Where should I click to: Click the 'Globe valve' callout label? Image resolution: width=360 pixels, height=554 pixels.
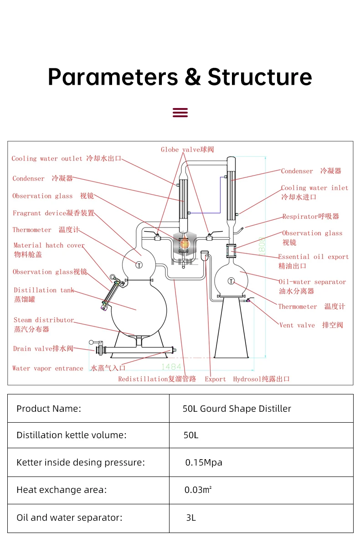187,150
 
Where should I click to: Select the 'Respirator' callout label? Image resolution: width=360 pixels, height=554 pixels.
310,217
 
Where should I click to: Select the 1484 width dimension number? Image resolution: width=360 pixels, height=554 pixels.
171,367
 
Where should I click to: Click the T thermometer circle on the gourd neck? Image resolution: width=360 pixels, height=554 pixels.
139,264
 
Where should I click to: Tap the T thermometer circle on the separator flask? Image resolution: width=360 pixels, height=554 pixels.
231,281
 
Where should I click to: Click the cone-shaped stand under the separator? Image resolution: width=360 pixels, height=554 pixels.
231,328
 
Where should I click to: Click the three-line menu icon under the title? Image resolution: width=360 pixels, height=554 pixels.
180,113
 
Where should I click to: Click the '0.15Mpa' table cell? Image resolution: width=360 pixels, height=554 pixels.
204,462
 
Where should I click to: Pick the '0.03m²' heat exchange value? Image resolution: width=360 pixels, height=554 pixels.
198,490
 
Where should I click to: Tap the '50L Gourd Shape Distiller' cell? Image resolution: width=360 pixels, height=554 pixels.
237,409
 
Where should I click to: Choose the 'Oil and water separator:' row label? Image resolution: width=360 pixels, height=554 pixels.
69,518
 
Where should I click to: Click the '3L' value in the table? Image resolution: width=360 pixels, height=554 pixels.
191,518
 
